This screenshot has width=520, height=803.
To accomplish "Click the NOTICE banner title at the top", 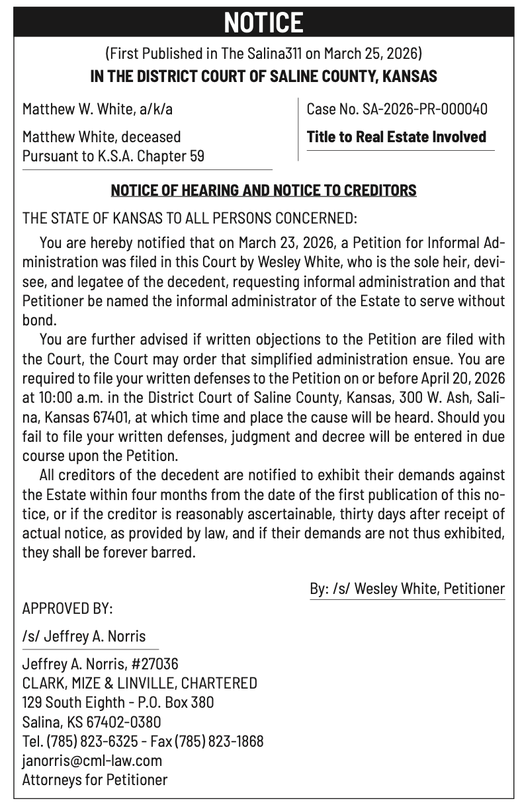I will [x=263, y=22].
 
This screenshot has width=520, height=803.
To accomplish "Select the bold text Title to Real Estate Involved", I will [x=396, y=137].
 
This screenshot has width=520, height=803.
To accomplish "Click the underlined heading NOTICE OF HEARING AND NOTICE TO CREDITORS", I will [x=263, y=190].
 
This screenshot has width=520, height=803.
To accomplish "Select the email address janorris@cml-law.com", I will [x=92, y=761].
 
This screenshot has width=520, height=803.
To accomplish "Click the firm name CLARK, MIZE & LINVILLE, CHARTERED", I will [x=140, y=683].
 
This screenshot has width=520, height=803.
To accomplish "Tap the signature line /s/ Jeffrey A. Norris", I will [x=84, y=636].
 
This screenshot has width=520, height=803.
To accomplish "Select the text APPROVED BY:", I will [x=67, y=608].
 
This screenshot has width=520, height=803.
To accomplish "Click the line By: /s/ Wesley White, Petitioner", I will [x=407, y=588].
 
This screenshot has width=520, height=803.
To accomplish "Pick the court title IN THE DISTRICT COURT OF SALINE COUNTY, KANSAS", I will [x=263, y=76].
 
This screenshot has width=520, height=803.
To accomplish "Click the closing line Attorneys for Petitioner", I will [x=95, y=780].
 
